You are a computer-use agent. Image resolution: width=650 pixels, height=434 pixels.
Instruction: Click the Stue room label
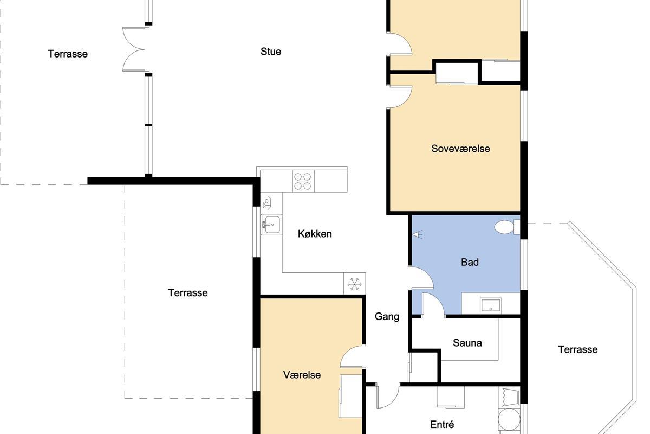pos(271,52)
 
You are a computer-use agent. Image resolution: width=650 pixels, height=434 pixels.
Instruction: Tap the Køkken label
pos(315,234)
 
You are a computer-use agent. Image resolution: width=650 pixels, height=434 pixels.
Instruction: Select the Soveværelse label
pos(460,149)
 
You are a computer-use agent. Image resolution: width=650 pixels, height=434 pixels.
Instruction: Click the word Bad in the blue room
pos(470,262)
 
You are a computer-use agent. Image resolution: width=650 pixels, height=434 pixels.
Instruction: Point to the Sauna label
pos(467,343)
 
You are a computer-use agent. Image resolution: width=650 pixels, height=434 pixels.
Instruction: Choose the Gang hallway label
pos(387,317)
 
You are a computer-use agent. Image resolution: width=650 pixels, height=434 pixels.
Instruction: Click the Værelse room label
pos(302,375)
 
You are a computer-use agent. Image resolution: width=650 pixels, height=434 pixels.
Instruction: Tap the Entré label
pos(442,425)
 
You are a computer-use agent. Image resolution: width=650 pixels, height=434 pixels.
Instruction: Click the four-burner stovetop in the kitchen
pos(303,181)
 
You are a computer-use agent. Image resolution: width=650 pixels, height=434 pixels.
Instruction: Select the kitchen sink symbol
pos(271,225)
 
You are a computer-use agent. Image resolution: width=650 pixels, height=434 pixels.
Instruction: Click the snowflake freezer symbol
pos(355,284)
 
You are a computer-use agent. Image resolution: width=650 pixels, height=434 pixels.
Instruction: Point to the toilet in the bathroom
pos(507,227)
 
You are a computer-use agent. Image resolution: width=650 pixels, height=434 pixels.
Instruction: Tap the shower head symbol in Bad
pos(417,234)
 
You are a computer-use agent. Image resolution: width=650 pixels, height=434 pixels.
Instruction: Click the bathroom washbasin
pos(490,306)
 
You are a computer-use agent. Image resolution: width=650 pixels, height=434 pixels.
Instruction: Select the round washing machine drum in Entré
pos(509,419)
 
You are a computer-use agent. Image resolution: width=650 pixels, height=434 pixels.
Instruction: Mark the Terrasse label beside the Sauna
pos(578,350)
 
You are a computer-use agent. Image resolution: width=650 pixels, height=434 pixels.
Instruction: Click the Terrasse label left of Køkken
pos(188,293)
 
